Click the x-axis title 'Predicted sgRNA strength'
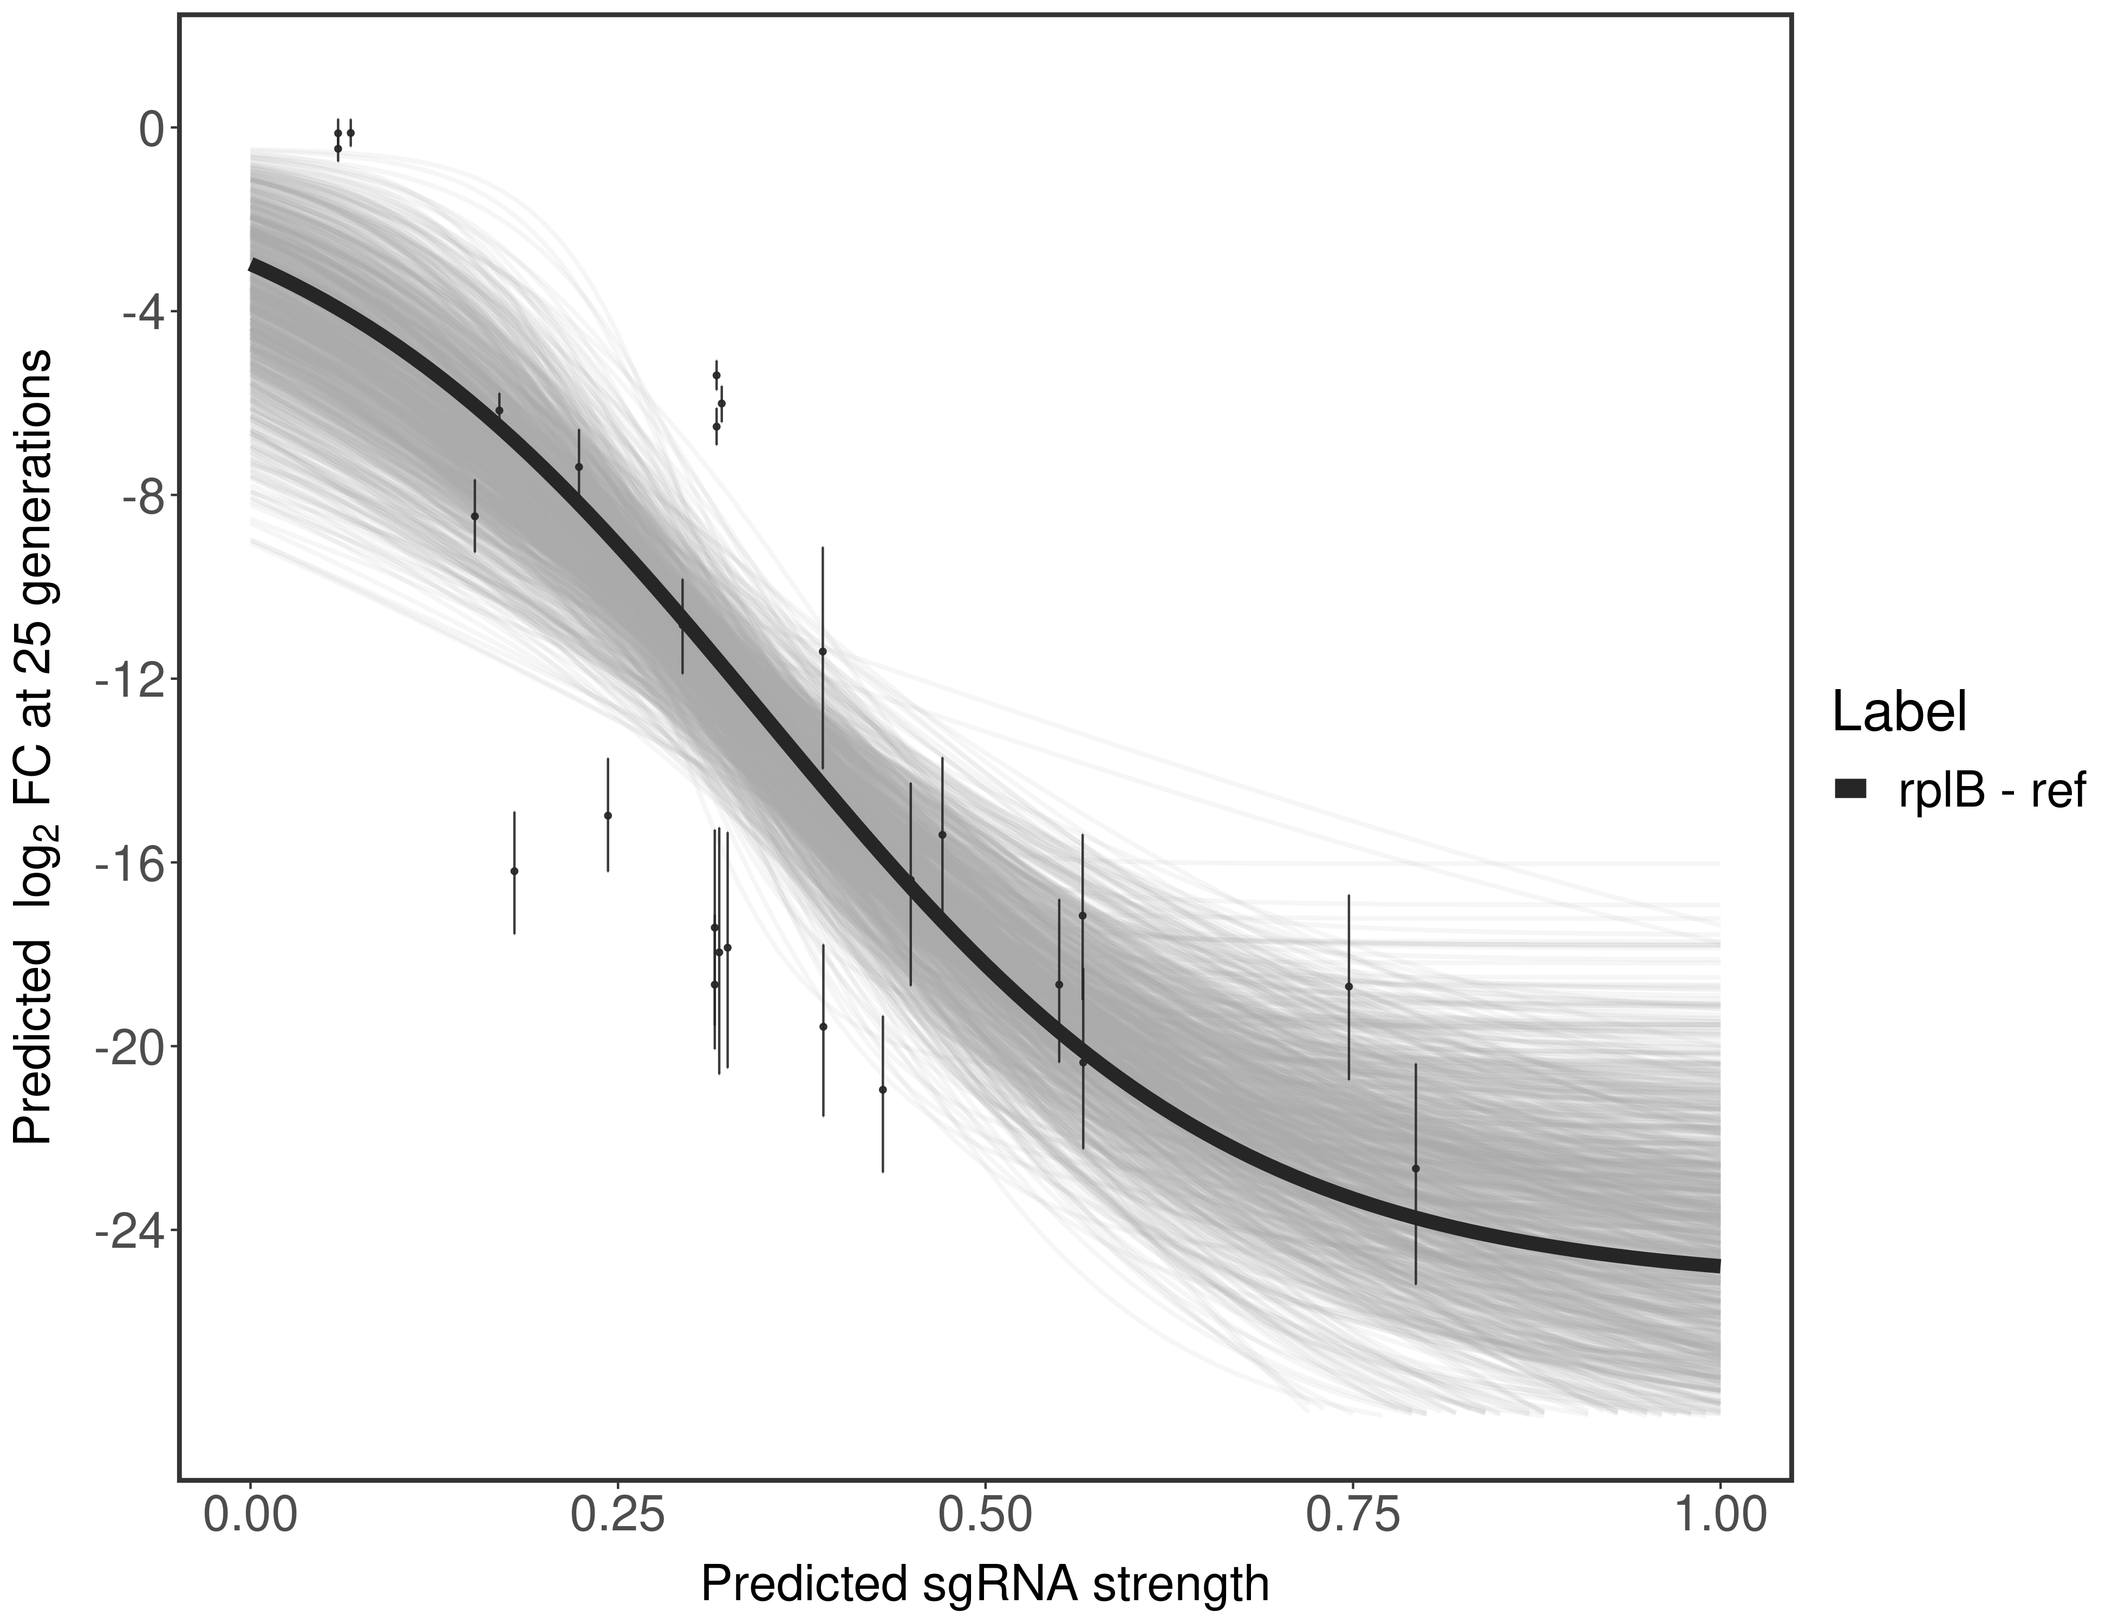[985, 1586]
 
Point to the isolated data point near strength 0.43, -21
[883, 1089]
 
